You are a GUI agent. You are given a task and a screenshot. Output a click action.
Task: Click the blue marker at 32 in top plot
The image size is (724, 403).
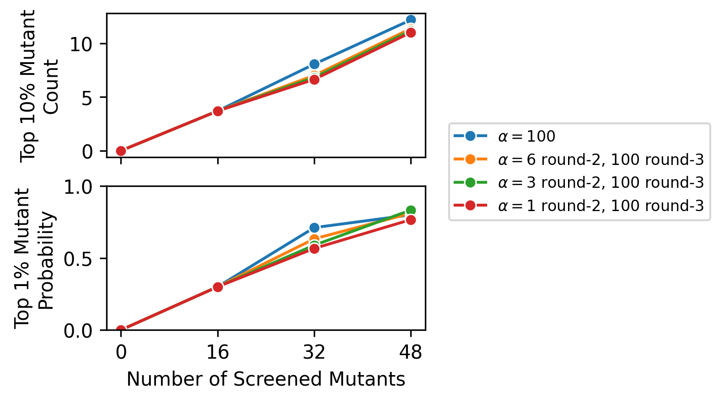coord(314,64)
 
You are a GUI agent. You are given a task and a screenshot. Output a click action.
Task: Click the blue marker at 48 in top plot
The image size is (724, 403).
coord(411,20)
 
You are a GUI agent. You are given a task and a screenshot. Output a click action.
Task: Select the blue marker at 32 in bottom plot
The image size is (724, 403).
coord(314,228)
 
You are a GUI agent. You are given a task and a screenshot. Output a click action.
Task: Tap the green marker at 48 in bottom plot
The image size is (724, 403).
coord(411,210)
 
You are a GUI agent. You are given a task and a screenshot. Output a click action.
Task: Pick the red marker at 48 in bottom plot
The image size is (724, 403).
coord(411,220)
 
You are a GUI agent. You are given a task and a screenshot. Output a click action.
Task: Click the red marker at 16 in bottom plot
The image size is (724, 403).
coord(218,287)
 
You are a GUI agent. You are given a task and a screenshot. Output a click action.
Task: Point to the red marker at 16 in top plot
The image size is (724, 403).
coord(218,111)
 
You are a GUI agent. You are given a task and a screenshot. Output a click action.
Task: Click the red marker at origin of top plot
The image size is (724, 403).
coord(121,151)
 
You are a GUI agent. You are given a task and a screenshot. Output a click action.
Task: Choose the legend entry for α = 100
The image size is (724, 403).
coord(526,136)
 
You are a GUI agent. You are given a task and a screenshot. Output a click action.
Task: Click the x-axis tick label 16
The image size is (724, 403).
coord(218,352)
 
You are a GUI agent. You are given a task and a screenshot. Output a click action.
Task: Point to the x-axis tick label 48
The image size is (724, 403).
coord(411,352)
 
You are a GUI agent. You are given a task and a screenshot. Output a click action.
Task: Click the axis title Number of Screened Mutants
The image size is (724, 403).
coord(266,379)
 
